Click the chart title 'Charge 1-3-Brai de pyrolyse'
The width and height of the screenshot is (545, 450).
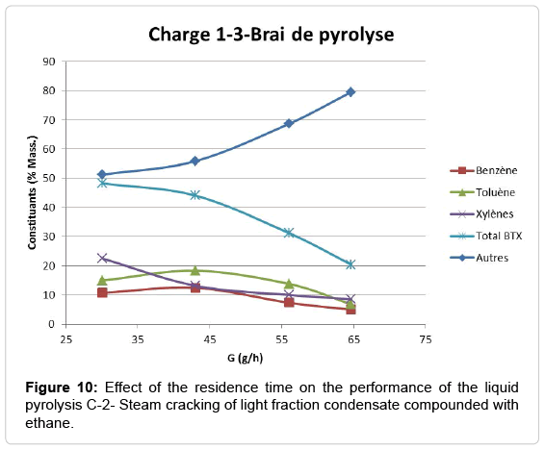coord(271,36)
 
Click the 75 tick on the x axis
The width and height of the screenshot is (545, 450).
coord(424,339)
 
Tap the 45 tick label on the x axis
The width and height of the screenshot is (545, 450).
coord(209,339)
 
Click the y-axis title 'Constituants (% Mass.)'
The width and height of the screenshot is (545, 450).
coord(31,192)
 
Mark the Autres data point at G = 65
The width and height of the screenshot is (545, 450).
coord(350,92)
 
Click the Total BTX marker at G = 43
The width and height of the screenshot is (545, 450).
coord(195,195)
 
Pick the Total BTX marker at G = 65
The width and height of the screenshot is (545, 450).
coord(350,264)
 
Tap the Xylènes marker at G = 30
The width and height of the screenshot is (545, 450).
coord(102,259)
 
